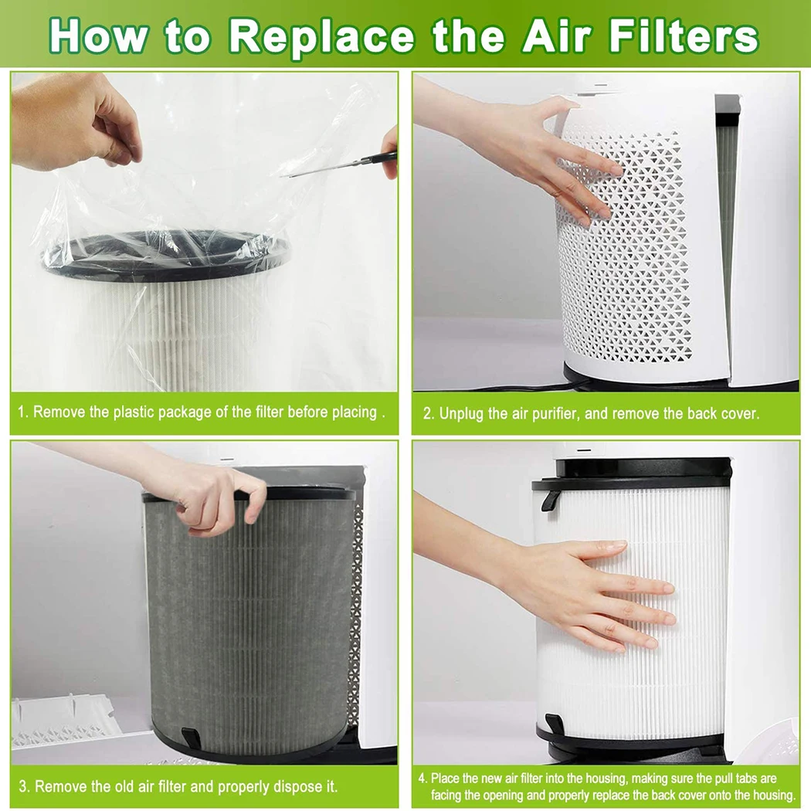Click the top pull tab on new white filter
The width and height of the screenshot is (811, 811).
click(551, 498)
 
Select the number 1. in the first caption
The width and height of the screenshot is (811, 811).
click(23, 412)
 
